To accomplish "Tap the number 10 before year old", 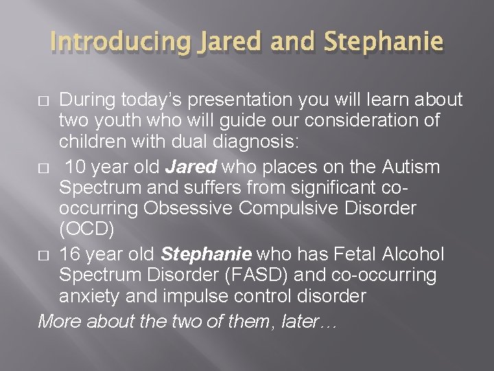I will tap(77, 167).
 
